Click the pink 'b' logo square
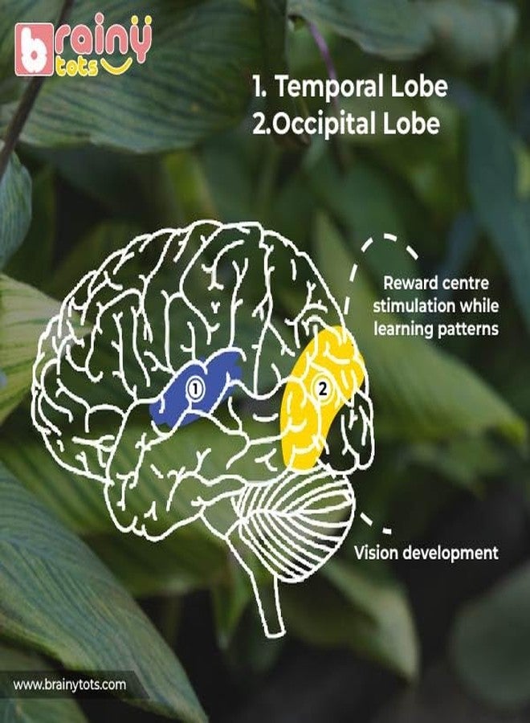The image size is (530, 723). point(34,50)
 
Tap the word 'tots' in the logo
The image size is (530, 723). point(76,68)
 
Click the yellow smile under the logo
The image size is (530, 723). point(116,66)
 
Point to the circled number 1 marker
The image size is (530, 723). point(195,390)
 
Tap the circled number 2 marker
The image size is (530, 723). point(323,389)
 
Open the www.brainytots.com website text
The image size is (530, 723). point(69,684)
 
